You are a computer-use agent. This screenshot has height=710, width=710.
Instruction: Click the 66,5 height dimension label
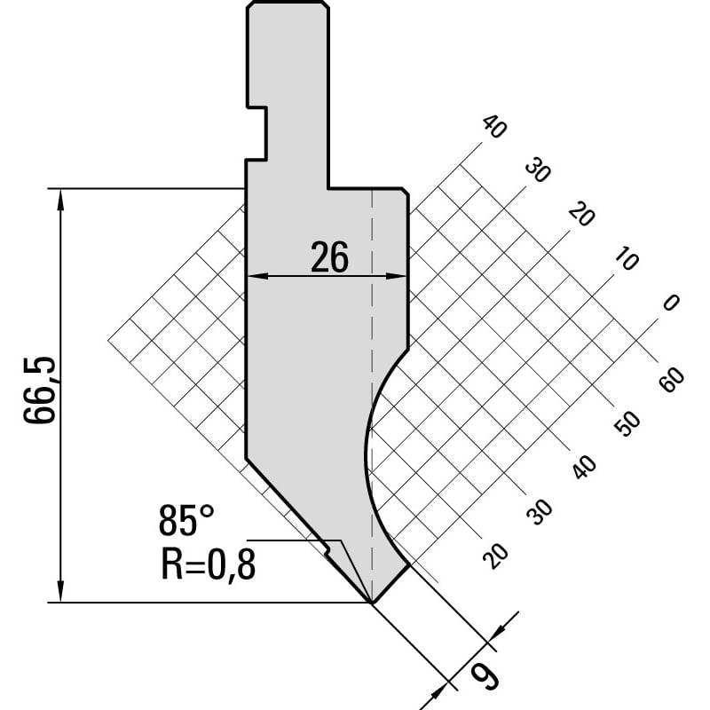(40, 390)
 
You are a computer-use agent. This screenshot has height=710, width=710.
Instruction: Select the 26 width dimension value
(329, 257)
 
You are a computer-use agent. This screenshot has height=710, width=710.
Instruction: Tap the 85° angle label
(186, 521)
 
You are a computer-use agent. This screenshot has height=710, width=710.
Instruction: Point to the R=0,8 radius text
(209, 564)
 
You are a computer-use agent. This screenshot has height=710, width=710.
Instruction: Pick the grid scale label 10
(627, 259)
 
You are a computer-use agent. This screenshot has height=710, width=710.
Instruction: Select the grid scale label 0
(671, 302)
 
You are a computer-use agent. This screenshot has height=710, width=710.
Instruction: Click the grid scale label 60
(672, 380)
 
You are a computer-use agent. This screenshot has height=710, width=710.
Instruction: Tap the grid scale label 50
(627, 424)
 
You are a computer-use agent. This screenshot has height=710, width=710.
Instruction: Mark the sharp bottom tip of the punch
(371, 603)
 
